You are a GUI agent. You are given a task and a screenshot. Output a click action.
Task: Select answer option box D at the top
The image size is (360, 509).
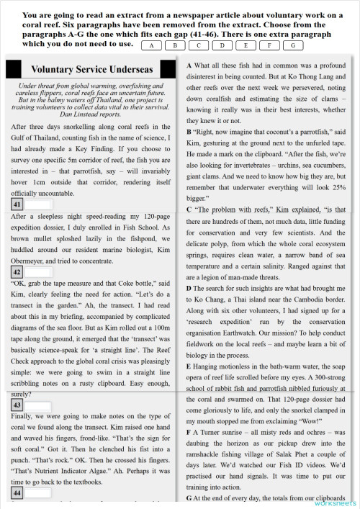tap(225, 45)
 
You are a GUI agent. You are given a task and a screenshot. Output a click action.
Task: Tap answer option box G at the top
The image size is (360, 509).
tap(292, 45)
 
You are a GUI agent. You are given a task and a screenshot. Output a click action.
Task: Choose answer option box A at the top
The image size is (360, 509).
tap(153, 45)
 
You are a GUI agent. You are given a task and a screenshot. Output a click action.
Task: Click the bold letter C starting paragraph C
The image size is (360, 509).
tap(189, 210)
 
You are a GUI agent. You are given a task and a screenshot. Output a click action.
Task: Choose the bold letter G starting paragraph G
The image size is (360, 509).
tap(189, 497)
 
